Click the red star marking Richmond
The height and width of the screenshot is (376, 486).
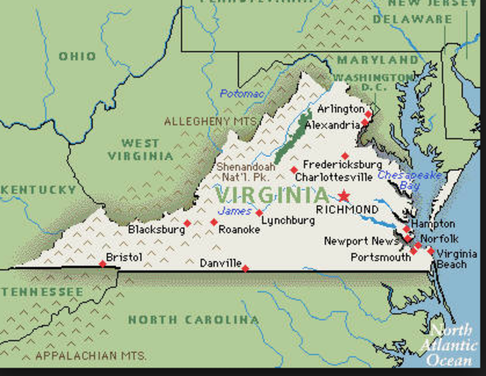pos(344,196)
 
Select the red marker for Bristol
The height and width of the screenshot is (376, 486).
pos(103,263)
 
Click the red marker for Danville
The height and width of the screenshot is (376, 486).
pos(245,269)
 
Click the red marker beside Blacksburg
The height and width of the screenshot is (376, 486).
pos(187,223)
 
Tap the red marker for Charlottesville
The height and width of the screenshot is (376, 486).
pos(293,169)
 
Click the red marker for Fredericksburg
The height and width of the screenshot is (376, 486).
pos(344,155)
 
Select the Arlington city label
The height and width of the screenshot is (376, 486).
pos(340,109)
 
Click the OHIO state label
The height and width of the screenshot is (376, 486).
pos(77,56)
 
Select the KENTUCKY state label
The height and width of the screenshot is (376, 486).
pos(38,190)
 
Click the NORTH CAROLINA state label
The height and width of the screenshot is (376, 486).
pos(193,320)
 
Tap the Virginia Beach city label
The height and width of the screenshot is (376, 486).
pos(452,258)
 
